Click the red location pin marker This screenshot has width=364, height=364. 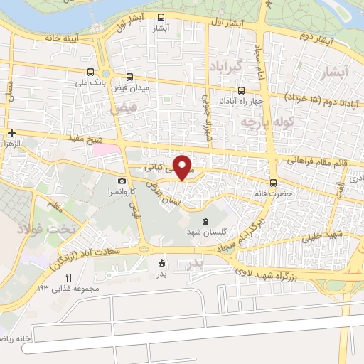[183, 167]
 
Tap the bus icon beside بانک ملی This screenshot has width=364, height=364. [90, 72]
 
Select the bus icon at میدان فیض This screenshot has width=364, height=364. [129, 76]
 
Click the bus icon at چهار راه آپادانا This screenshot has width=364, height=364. [241, 90]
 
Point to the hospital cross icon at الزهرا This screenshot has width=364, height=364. [12, 133]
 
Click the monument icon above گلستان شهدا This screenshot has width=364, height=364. [206, 221]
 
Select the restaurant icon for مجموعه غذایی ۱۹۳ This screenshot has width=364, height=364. [69, 278]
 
